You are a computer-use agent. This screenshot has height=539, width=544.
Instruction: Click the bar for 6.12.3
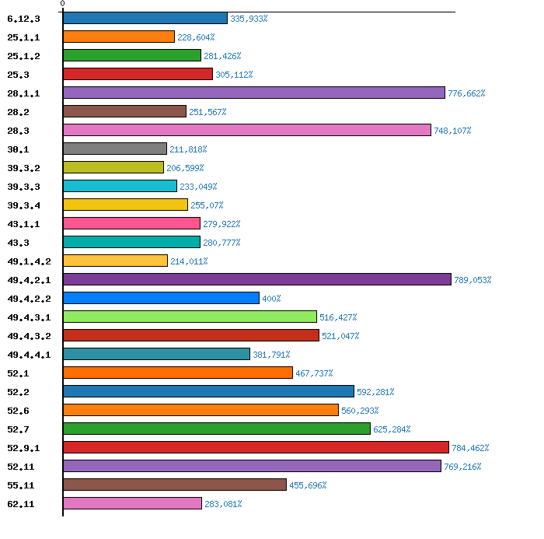145,18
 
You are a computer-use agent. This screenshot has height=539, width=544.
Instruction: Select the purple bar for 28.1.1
254,93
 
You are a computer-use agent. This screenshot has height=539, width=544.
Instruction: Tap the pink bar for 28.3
247,130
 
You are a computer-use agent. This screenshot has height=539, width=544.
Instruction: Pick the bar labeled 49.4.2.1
257,279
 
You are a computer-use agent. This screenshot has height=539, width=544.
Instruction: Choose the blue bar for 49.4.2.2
161,298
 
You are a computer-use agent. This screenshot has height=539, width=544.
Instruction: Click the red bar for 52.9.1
256,447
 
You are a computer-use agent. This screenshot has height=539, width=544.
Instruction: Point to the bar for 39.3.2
113,167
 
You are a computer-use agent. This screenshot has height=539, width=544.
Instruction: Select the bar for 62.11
132,503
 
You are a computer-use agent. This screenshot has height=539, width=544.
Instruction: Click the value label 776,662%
466,93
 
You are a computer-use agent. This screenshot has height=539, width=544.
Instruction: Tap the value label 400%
271,299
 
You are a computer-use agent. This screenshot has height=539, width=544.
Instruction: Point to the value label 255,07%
207,205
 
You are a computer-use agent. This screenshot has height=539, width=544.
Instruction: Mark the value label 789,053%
473,280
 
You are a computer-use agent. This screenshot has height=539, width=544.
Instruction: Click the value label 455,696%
308,485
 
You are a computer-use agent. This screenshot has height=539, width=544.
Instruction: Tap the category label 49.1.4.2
29,261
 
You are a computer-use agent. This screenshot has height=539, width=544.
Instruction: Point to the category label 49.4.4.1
29,355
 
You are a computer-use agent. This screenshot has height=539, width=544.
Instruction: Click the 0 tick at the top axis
62,5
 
